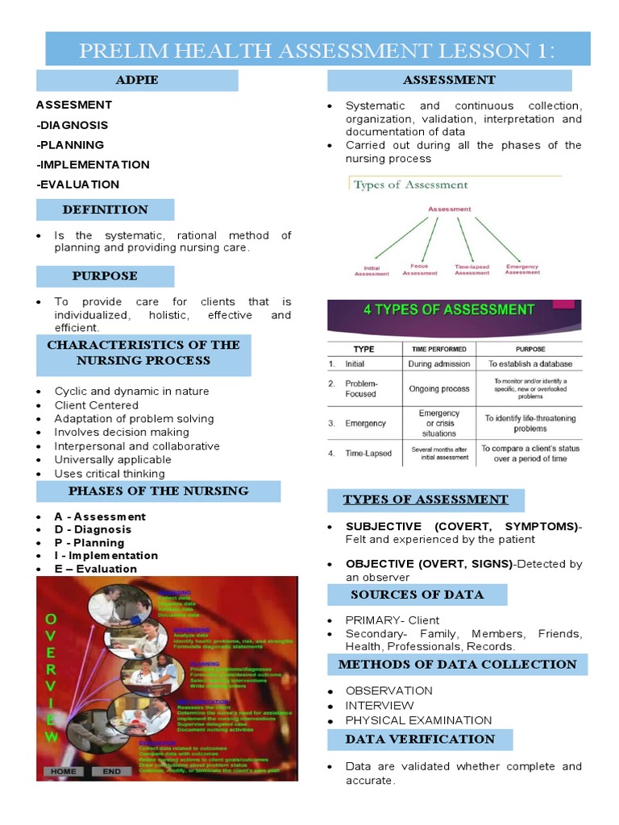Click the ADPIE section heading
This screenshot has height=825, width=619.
[137, 80]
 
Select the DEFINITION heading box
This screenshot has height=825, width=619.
[105, 209]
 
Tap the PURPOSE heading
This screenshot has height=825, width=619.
[105, 276]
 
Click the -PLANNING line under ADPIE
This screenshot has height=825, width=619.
[70, 145]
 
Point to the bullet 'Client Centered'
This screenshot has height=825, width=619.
[96, 405]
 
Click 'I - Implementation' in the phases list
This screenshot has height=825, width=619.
[106, 555]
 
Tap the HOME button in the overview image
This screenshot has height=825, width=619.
[64, 771]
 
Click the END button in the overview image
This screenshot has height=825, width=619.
[111, 771]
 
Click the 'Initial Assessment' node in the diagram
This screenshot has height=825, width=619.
[372, 272]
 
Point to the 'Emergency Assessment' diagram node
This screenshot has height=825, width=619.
[522, 269]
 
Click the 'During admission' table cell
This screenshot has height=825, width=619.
[438, 363]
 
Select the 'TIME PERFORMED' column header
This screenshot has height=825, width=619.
[438, 350]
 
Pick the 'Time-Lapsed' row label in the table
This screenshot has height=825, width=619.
[368, 453]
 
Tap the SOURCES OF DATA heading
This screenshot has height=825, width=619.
[417, 595]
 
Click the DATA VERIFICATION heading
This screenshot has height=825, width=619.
[419, 739]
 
